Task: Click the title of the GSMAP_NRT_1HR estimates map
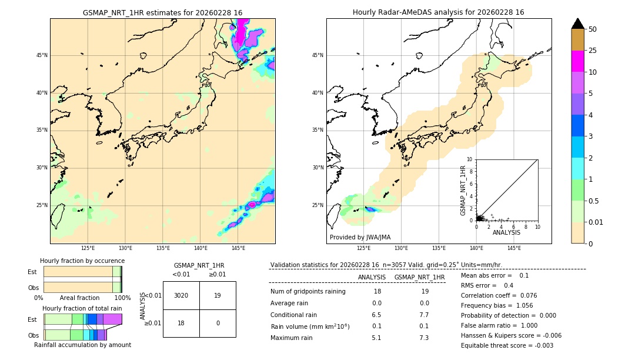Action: tap(162, 12)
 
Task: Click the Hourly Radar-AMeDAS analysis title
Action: tap(438, 12)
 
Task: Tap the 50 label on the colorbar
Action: tap(593, 29)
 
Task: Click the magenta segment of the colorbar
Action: tap(578, 61)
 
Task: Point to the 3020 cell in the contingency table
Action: tap(181, 295)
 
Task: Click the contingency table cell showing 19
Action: tap(218, 295)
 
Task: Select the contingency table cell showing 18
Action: tap(181, 323)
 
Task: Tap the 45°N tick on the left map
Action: tap(42, 55)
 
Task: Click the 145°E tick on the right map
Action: tap(514, 248)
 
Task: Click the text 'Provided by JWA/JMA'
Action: tap(360, 238)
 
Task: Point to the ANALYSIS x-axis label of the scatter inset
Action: tap(506, 232)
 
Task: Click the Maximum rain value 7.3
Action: tap(423, 338)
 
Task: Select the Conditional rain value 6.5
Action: tap(376, 315)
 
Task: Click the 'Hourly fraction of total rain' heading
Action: tap(82, 308)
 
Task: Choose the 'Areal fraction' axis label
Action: tap(79, 298)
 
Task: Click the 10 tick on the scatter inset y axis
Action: tap(470, 159)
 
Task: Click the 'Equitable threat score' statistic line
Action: tap(507, 345)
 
